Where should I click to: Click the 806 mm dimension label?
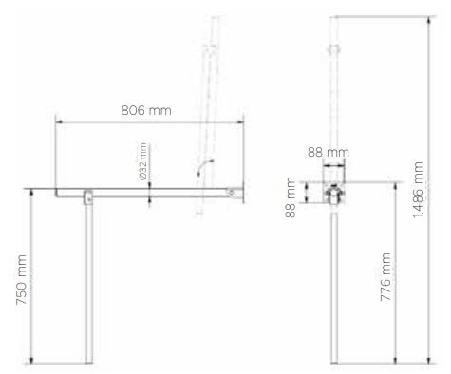[x=146, y=110]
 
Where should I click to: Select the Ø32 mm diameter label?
[x=143, y=161]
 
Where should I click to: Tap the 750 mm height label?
[x=22, y=279]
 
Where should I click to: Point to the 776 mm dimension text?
[x=385, y=277]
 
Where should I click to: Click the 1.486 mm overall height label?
[x=418, y=190]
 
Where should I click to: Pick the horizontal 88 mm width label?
[x=329, y=152]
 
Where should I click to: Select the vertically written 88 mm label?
[x=291, y=197]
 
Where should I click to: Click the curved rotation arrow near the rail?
[x=204, y=167]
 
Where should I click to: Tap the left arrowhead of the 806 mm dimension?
[x=59, y=122]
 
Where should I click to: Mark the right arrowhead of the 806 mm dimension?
[x=240, y=122]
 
